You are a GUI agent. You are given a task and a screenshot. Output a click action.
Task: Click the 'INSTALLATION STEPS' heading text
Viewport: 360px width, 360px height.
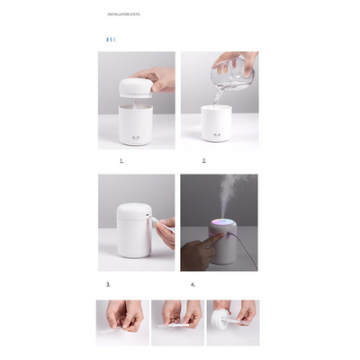[123, 15]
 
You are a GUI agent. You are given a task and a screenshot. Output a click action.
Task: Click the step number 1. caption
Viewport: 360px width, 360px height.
[121, 161]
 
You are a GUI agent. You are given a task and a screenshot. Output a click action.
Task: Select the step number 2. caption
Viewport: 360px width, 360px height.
[204, 161]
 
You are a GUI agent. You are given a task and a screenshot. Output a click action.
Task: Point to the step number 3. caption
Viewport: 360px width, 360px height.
[108, 284]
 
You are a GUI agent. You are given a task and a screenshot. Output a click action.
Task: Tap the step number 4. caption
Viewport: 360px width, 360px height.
[193, 284]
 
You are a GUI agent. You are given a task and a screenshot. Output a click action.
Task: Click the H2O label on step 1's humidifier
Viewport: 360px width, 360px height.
[136, 138]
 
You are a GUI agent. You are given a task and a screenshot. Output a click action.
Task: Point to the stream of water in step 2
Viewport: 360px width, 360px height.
[220, 98]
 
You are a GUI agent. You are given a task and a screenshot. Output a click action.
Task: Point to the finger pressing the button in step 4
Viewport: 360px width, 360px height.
[198, 245]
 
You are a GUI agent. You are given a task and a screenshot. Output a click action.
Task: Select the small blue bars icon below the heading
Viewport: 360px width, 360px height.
[110, 40]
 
